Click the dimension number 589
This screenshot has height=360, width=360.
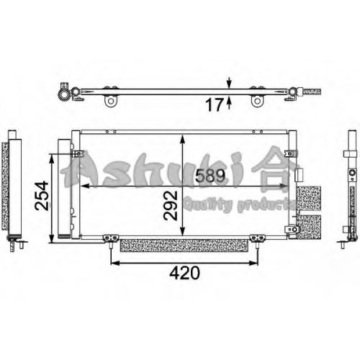210,176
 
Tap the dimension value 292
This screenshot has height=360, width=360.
171,205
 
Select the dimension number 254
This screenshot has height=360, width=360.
42,196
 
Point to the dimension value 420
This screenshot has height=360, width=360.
184,273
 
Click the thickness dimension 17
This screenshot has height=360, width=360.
214,104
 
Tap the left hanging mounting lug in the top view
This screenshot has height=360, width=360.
111,101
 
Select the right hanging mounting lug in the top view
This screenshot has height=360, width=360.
257,101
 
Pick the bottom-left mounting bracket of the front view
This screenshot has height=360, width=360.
111,238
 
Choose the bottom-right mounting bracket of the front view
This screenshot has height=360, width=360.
258,238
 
